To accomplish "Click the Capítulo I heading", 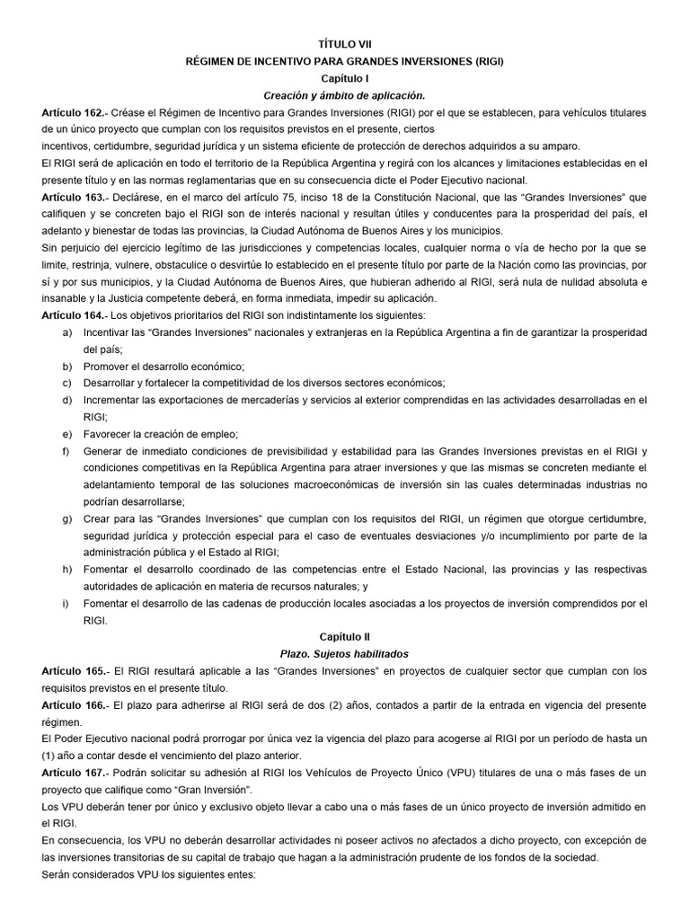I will pyautogui.click(x=344, y=78).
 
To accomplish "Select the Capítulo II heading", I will pyautogui.click(x=344, y=636).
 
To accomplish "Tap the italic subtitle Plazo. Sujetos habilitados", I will pyautogui.click(x=344, y=653).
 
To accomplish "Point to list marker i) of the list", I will pyautogui.click(x=66, y=603).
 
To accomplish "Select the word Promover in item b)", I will pyautogui.click(x=107, y=367).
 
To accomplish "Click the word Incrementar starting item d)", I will pyautogui.click(x=114, y=400).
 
